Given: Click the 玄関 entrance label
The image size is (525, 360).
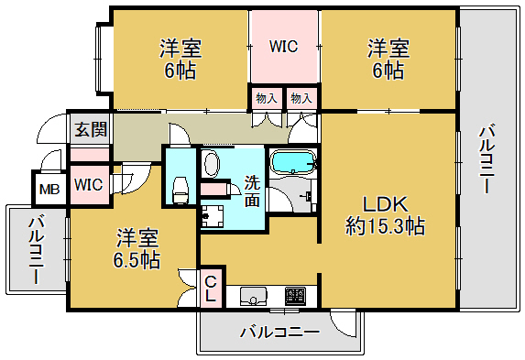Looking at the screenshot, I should tap(90, 128).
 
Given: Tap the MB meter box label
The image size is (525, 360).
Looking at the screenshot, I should tap(46, 191).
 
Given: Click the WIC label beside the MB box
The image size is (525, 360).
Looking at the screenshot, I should tap(89, 184).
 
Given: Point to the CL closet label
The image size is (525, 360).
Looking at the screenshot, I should tap(211, 290).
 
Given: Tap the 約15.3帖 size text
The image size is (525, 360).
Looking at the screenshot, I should tap(384, 225).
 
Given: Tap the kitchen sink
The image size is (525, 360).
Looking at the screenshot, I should tap(253, 296).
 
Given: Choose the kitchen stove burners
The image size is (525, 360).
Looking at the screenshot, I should tap(296, 296).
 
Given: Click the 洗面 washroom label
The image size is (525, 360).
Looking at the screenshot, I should tap(254, 190).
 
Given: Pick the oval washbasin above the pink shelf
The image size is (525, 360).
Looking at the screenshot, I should tap(212, 164).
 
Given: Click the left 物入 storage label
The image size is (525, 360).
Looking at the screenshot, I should tap(266, 97).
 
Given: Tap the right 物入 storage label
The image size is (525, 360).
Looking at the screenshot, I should tap(301, 97).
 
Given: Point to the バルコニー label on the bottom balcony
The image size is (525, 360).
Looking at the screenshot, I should tap(279, 332).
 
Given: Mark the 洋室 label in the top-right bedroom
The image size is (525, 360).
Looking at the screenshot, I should tap(388, 47).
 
